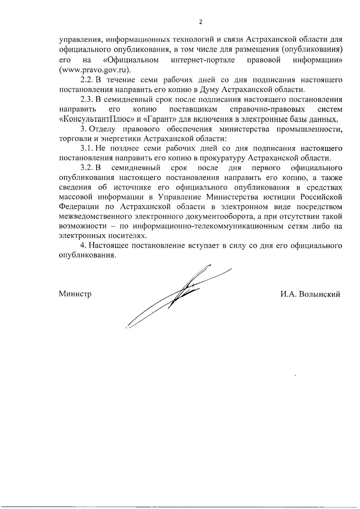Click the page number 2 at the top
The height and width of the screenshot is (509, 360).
(201, 22)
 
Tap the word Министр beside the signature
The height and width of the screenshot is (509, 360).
(75, 294)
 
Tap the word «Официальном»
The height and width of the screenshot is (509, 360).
(131, 60)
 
